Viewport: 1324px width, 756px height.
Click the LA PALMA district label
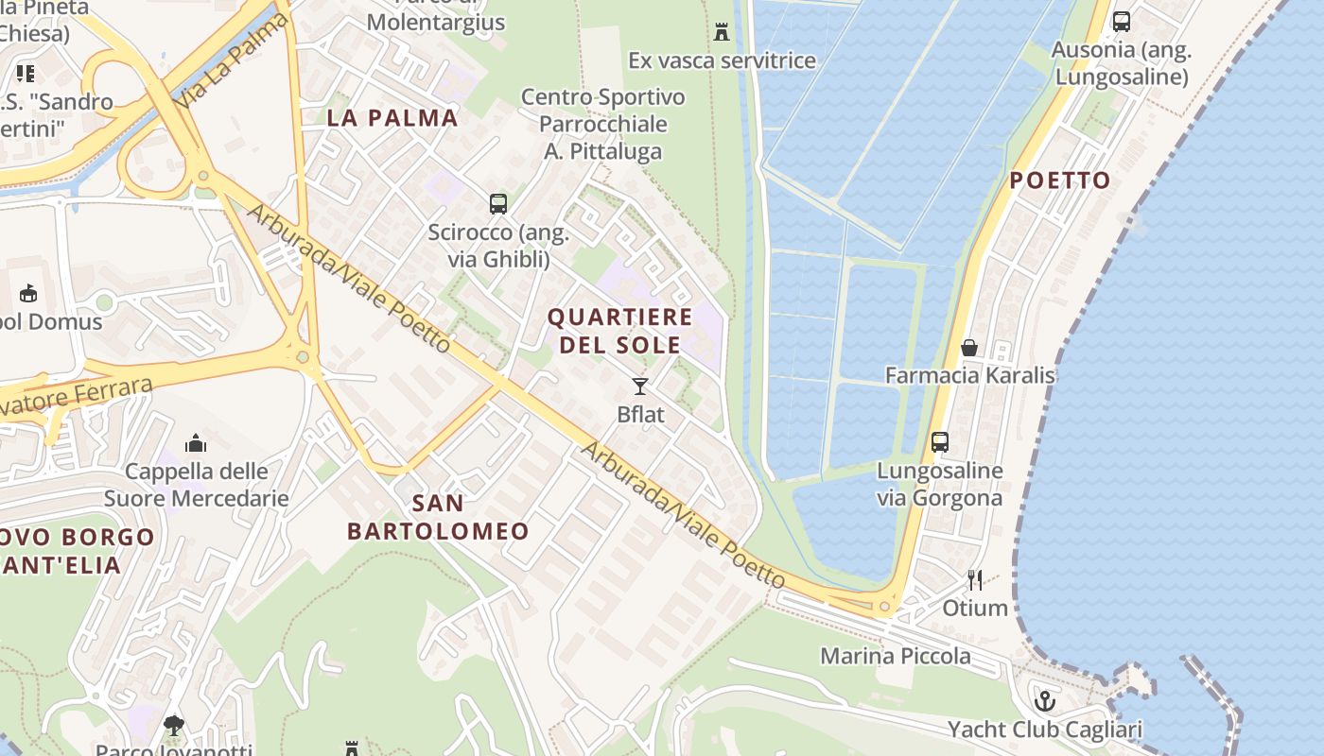coord(392,118)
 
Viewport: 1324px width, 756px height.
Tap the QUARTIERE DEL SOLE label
coord(620,331)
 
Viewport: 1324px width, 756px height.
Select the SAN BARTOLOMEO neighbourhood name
coord(438,517)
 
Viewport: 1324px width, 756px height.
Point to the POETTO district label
coord(1060,180)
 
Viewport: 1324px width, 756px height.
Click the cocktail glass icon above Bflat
coord(640,386)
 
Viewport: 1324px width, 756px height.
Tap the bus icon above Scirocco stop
coord(498,203)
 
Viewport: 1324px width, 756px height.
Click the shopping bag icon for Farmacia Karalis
coord(969,348)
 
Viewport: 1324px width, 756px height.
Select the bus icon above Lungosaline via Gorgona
coord(940,442)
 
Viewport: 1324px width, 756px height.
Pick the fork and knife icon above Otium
coord(975,579)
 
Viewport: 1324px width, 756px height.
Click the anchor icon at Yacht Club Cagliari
coord(1045,701)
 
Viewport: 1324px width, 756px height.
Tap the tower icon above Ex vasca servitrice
coord(722,32)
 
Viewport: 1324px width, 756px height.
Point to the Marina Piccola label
coord(895,656)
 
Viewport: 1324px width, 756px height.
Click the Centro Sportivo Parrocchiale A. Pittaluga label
coord(602,124)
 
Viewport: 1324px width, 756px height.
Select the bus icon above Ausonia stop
coord(1122,21)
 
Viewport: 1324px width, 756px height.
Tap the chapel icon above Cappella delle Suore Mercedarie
coord(196,443)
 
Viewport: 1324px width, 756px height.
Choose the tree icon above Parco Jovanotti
coord(173,726)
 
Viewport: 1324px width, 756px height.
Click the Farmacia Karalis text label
coord(969,375)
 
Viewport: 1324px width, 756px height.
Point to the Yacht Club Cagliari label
coord(1045,730)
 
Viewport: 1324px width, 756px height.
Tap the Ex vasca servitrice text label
coord(722,60)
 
